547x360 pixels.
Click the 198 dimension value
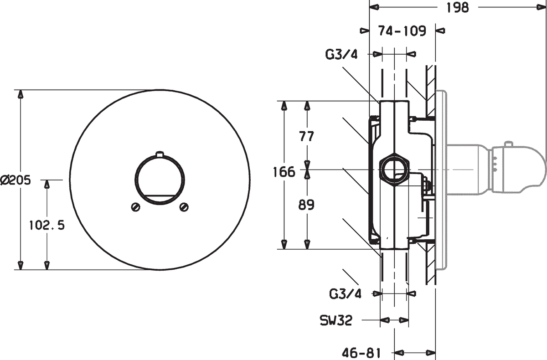coord(458,8)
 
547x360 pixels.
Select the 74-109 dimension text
coord(402,31)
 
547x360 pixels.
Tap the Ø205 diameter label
coord(16,180)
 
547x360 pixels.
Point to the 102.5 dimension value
coord(47,225)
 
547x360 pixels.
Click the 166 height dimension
coord(284,172)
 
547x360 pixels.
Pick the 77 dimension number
coord(306,136)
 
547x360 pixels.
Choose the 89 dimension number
coord(306,205)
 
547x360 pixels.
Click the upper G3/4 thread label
coord(341,54)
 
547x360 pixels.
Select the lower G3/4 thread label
coord(345,294)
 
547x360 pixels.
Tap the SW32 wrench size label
coord(336,320)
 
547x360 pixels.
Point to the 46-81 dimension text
coord(361,353)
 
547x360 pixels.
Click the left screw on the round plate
coord(135,207)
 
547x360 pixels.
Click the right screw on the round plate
coord(184,207)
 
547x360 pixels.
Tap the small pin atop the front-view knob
coord(160,154)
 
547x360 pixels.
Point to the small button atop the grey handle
coord(509,144)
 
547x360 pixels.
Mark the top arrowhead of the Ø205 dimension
coord(21,94)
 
